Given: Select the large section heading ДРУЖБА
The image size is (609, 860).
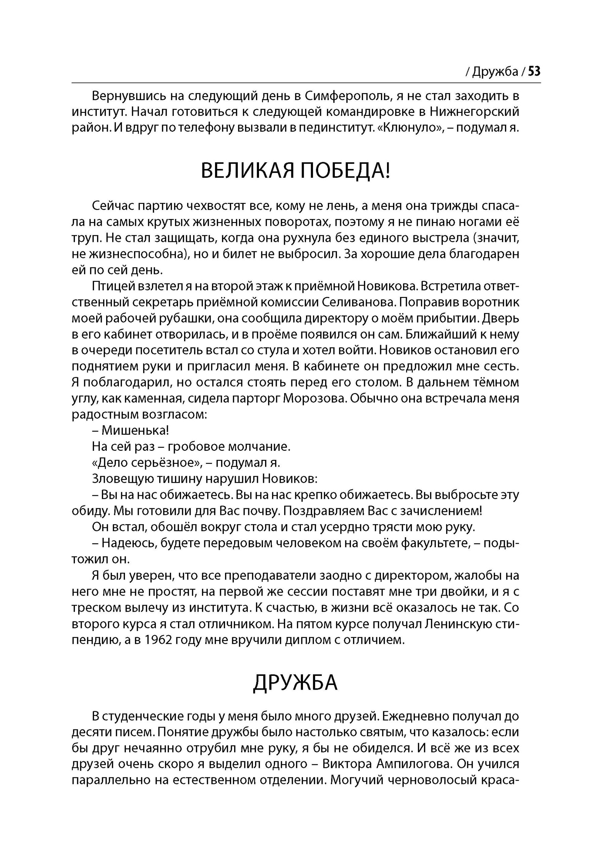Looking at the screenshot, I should tap(296, 682).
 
